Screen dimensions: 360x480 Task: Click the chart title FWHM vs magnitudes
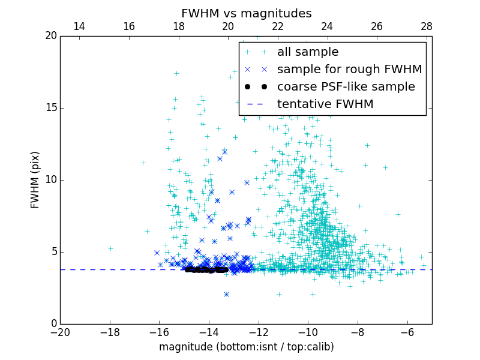246,13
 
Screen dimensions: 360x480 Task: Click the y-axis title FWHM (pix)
35,179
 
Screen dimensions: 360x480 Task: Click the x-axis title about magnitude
246,347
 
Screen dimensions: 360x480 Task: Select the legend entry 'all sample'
307,52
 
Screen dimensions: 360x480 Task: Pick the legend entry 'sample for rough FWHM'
349,70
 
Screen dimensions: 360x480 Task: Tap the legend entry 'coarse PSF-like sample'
346,87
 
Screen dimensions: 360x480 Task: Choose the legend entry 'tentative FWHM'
325,104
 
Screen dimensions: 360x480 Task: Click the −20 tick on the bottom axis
60,332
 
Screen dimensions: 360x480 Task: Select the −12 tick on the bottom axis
259,332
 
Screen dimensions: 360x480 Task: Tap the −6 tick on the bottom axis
407,332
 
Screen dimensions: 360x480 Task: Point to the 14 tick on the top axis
79,26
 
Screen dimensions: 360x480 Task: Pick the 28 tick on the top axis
427,26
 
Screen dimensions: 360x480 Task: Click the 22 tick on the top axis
277,26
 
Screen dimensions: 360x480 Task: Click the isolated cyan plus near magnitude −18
110,248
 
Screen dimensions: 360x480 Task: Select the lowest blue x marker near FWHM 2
226,294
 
